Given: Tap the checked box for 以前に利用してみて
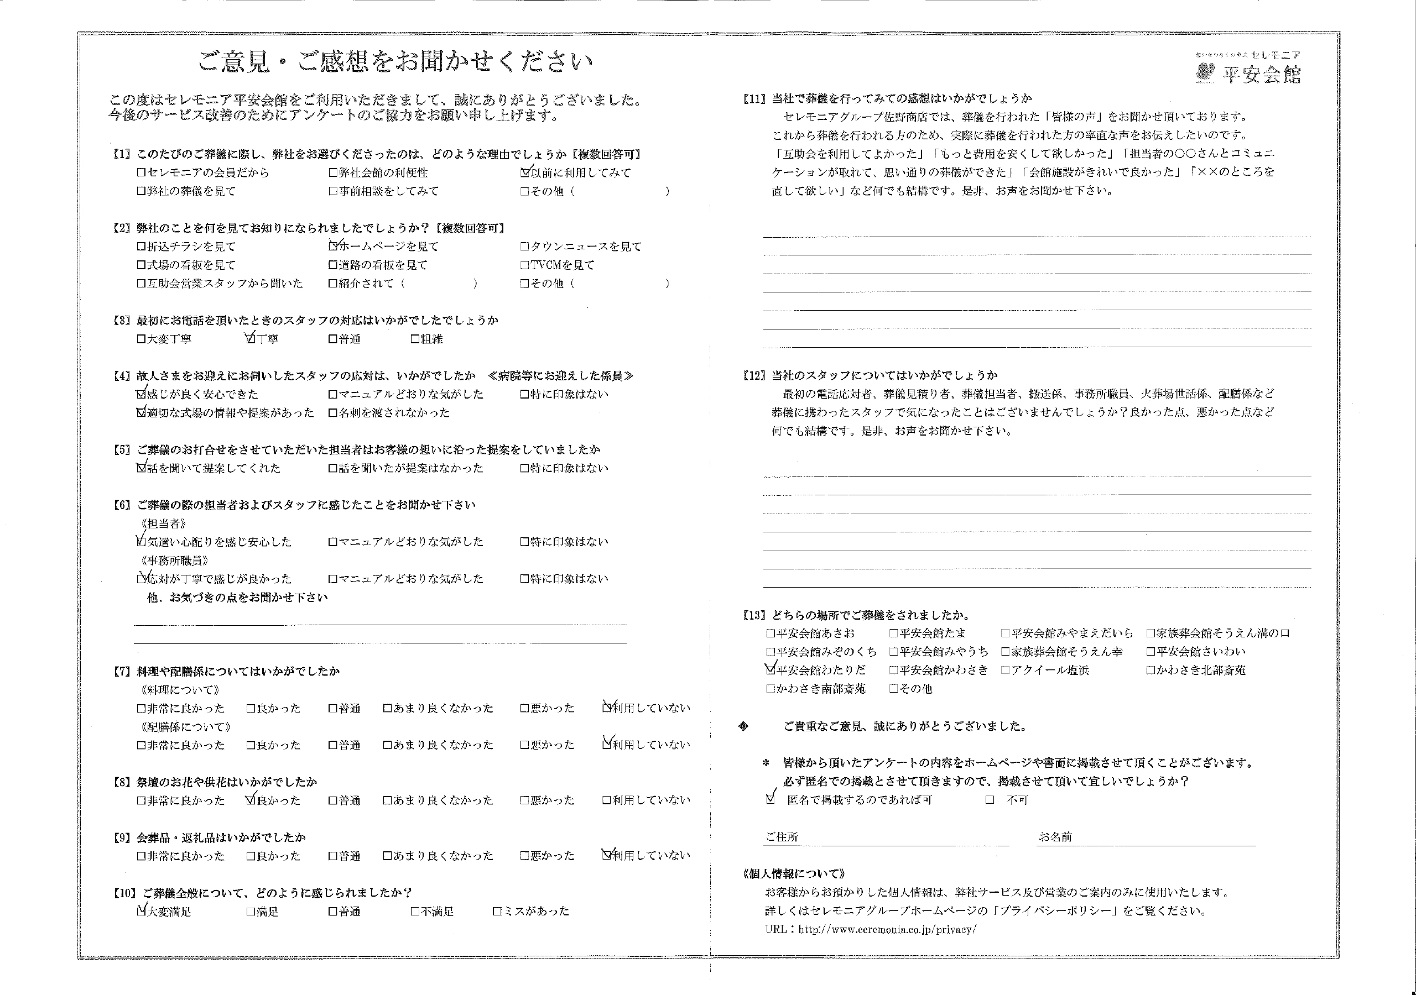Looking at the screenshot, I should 525,172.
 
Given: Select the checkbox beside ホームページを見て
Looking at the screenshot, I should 333,246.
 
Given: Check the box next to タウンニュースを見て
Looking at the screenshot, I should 524,247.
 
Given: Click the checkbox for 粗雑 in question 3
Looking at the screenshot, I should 415,339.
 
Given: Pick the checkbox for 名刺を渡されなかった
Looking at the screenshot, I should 333,413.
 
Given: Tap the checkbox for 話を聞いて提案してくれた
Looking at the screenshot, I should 141,468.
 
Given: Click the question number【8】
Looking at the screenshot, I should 122,782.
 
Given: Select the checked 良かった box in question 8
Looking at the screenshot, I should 251,800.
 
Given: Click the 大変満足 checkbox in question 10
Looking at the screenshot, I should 141,911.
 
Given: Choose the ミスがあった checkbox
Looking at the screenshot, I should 497,911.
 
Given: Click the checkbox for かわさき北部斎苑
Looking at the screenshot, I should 1150,670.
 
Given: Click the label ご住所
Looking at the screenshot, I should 782,836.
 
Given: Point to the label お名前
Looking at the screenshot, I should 1055,836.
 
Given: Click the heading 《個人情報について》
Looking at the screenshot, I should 794,873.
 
